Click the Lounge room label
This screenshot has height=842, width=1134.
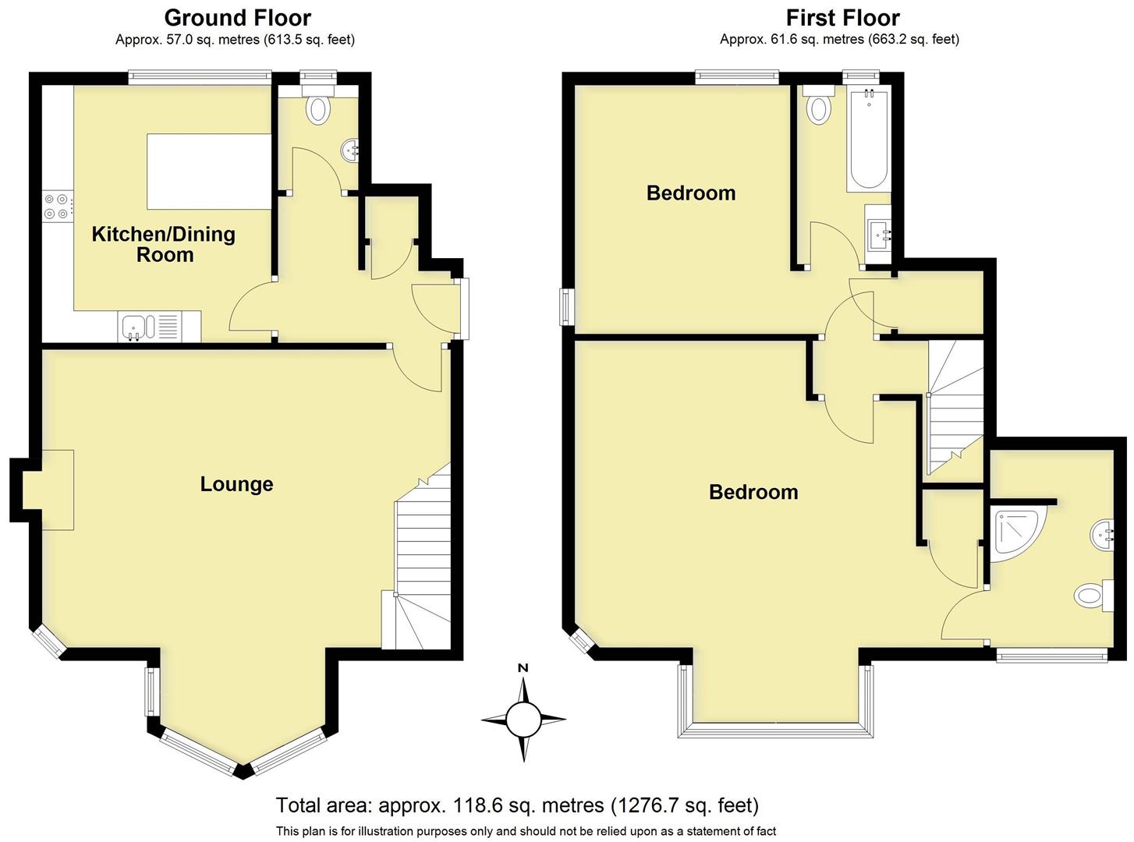pos(236,484)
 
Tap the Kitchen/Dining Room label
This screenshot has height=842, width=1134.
pos(164,244)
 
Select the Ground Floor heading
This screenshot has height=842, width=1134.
pos(237,18)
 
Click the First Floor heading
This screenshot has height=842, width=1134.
pos(842,18)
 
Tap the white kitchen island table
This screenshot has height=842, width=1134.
pos(209,172)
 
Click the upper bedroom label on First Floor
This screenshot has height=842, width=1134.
pos(691,193)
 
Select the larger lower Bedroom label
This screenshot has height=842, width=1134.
pos(753,492)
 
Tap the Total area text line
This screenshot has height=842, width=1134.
pos(517,805)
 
